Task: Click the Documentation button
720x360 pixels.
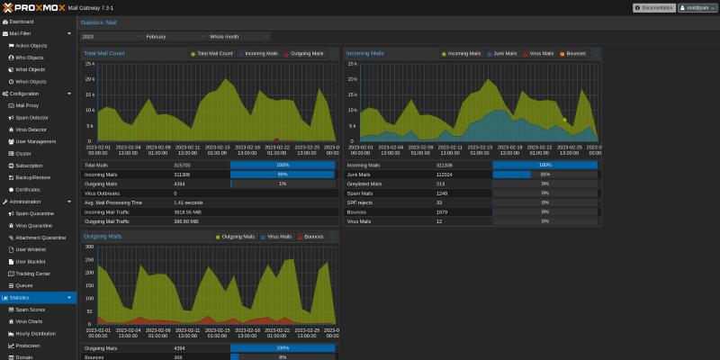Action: [653, 7]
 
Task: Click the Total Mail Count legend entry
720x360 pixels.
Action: [212, 54]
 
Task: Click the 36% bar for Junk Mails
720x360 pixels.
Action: [544, 175]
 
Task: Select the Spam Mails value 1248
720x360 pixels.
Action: [442, 193]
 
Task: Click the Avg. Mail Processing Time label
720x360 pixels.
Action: [113, 202]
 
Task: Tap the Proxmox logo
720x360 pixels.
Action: [36, 7]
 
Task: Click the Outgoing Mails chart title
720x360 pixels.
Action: [103, 236]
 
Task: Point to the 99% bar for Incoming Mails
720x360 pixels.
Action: [282, 175]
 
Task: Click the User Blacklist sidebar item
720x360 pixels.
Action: [31, 261]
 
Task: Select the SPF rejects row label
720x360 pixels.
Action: [362, 202]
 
